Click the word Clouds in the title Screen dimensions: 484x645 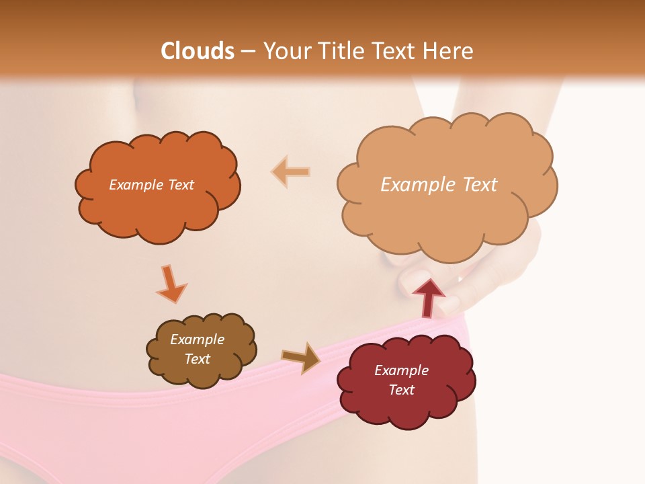[x=198, y=51]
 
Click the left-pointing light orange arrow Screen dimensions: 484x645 [x=291, y=172]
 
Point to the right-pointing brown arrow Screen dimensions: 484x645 [x=301, y=357]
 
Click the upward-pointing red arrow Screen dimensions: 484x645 [x=429, y=297]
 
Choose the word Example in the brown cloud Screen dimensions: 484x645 [x=197, y=339]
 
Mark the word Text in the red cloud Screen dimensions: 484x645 [x=401, y=390]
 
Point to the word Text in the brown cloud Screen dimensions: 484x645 [x=197, y=359]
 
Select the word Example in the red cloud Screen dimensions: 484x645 [x=401, y=370]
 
